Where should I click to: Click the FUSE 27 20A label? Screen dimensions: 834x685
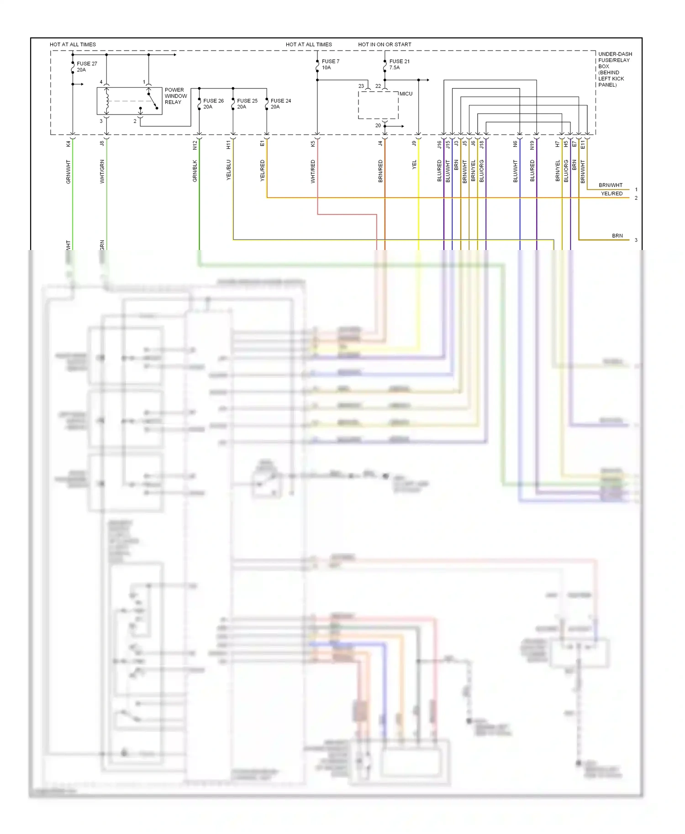[x=86, y=67]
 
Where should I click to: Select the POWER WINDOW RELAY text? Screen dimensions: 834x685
[x=175, y=96]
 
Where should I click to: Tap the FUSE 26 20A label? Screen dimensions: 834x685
[x=213, y=104]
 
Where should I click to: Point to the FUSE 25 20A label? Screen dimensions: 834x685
[x=247, y=104]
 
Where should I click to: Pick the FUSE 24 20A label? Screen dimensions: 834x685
[x=280, y=104]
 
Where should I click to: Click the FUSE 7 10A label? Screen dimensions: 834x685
[x=330, y=64]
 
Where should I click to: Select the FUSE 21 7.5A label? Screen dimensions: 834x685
[x=399, y=64]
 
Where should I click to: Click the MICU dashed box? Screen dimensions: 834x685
[x=378, y=105]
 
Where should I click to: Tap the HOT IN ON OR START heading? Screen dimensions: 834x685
[x=385, y=44]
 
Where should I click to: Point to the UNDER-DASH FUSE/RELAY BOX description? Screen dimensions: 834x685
[x=615, y=69]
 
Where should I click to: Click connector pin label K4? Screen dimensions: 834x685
[x=68, y=144]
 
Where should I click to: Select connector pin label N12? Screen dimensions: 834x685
[x=195, y=145]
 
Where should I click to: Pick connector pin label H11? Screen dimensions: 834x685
[x=229, y=145]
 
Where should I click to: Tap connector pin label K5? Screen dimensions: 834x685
[x=313, y=144]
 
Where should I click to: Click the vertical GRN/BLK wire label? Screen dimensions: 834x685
[x=195, y=171]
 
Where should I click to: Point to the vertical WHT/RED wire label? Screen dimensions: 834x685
[x=313, y=172]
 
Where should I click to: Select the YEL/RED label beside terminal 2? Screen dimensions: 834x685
[x=611, y=193]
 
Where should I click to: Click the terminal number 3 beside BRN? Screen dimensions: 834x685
[x=636, y=240]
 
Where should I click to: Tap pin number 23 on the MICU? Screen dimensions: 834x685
[x=361, y=86]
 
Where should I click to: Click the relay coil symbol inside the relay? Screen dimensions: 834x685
[x=107, y=101]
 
